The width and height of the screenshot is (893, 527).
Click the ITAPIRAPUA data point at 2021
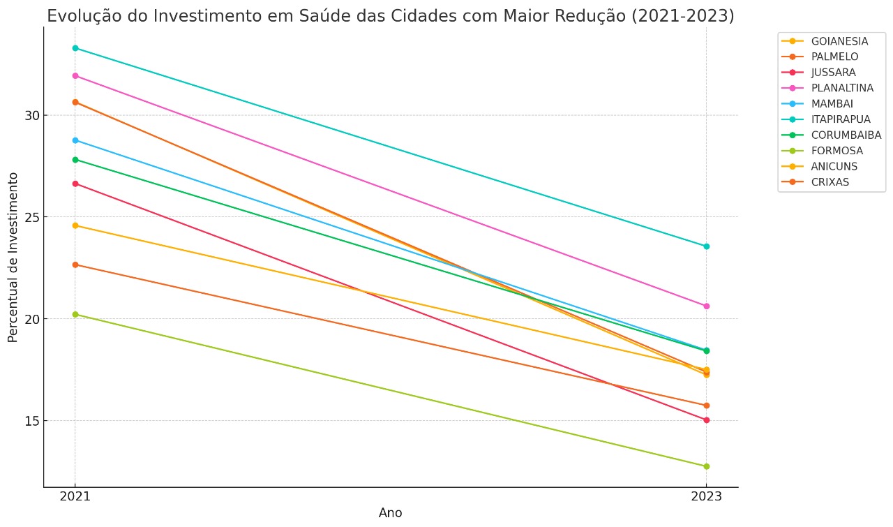tap(75, 48)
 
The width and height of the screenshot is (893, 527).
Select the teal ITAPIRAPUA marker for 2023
tap(706, 246)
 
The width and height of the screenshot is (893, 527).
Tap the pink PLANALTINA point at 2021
tap(75, 75)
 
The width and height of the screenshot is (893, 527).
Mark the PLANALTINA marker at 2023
tap(706, 306)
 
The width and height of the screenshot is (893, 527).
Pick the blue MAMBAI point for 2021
tap(75, 140)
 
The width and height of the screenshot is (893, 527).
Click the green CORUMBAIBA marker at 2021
tap(75, 160)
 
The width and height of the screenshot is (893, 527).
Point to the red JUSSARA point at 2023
tap(706, 420)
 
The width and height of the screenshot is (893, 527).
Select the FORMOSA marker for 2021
tap(75, 314)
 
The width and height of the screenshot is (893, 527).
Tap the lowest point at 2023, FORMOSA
tap(706, 466)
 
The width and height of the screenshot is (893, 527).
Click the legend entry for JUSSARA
tap(833, 73)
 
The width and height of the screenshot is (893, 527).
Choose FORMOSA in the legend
tap(836, 151)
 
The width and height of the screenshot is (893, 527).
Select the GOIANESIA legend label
tap(839, 41)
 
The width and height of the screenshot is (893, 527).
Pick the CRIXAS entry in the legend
tap(830, 182)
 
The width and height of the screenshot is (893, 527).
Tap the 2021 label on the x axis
tap(75, 497)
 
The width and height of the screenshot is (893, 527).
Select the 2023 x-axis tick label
tap(706, 497)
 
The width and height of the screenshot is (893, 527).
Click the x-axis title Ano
tap(390, 513)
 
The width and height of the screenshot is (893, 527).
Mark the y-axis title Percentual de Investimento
tap(13, 258)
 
